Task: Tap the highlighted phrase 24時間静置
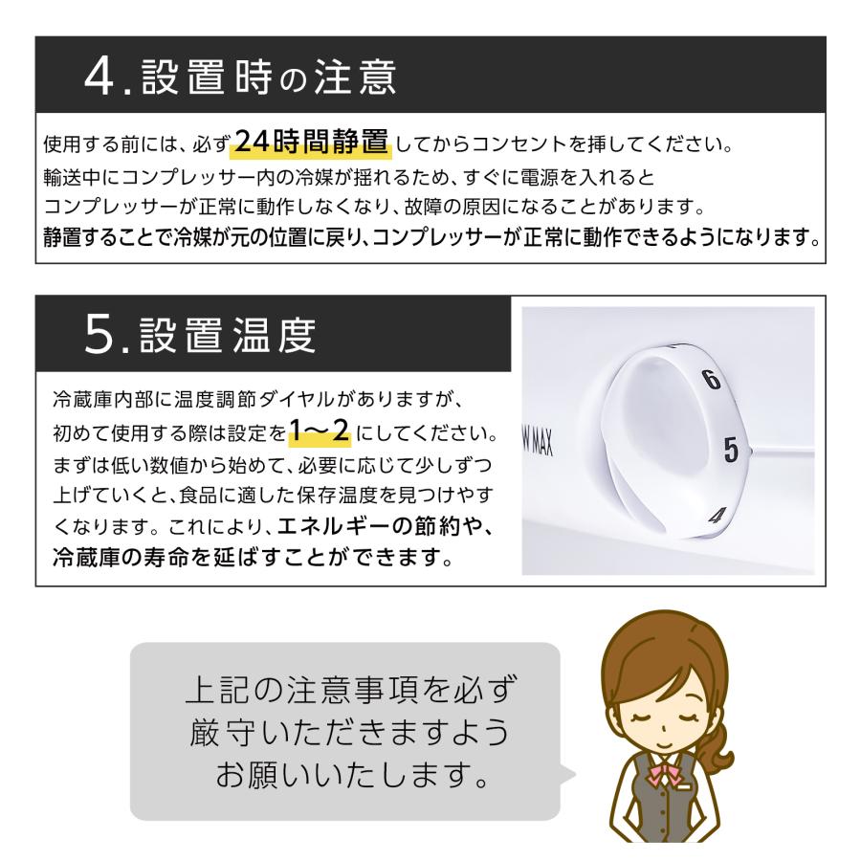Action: (312, 143)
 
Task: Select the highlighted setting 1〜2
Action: (319, 434)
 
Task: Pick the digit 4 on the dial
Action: (715, 518)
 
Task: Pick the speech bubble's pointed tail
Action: (568, 775)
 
